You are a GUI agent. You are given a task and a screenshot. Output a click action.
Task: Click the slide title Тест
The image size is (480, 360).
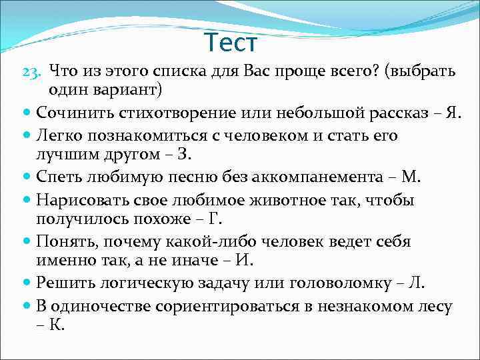230,43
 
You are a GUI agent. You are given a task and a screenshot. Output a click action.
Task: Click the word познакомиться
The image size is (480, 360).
131,136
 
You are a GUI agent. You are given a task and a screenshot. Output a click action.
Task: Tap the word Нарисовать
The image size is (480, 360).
79,201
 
